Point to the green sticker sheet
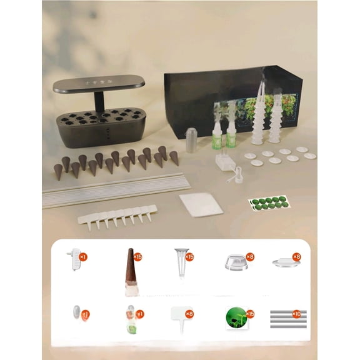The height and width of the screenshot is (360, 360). [269, 202]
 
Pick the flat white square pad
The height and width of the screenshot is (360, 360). [200, 204]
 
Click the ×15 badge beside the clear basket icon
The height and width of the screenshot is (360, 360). [190, 256]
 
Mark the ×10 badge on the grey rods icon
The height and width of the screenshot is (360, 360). [297, 314]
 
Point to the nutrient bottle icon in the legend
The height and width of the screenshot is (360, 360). [131, 319]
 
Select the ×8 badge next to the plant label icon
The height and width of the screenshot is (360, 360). [190, 314]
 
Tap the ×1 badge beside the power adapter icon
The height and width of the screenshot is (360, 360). [83, 256]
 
